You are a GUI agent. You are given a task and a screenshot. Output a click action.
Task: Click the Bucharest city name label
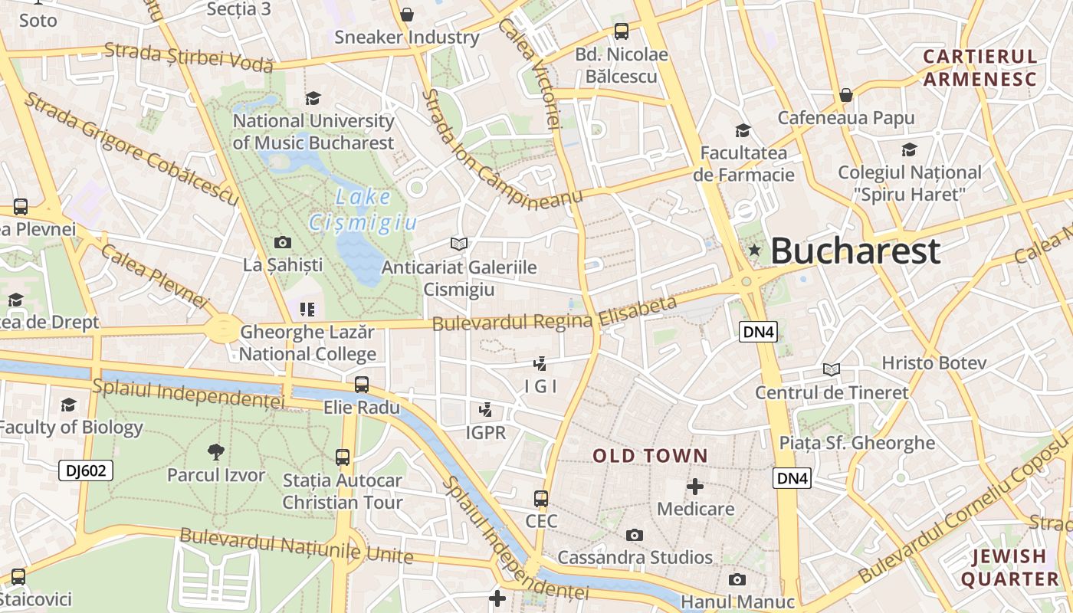pos(855,251)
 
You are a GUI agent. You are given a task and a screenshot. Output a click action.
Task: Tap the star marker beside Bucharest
pos(754,250)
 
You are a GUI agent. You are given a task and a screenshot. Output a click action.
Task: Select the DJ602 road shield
pos(86,470)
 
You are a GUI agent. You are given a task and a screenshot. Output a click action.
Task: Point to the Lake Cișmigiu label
pos(363,209)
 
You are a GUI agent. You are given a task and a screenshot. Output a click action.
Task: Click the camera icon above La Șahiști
pos(283,243)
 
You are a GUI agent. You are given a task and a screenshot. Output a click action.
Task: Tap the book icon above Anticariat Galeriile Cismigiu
pos(459,244)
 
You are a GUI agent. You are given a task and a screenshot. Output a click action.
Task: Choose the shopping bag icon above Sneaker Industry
pos(407,15)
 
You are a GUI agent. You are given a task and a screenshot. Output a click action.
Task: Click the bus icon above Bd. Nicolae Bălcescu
pos(622,31)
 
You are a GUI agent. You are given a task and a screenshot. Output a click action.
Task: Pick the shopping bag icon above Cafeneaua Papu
pos(846,95)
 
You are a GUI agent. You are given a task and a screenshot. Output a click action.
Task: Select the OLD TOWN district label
pos(650,456)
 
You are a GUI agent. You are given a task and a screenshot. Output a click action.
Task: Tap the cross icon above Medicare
pos(695,487)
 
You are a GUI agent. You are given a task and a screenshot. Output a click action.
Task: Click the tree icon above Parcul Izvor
pos(216,452)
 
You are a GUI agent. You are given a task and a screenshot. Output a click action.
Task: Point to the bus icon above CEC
pos(541,499)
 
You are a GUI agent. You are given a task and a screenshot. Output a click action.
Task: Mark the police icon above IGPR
pos(485,410)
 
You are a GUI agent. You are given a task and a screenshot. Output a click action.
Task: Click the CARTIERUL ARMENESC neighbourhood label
pos(979,67)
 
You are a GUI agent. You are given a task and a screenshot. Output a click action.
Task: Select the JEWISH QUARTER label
pos(1009,567)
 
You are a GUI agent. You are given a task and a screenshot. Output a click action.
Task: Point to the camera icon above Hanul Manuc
pos(737,579)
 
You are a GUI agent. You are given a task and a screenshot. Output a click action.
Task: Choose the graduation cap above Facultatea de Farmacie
pos(742,130)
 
